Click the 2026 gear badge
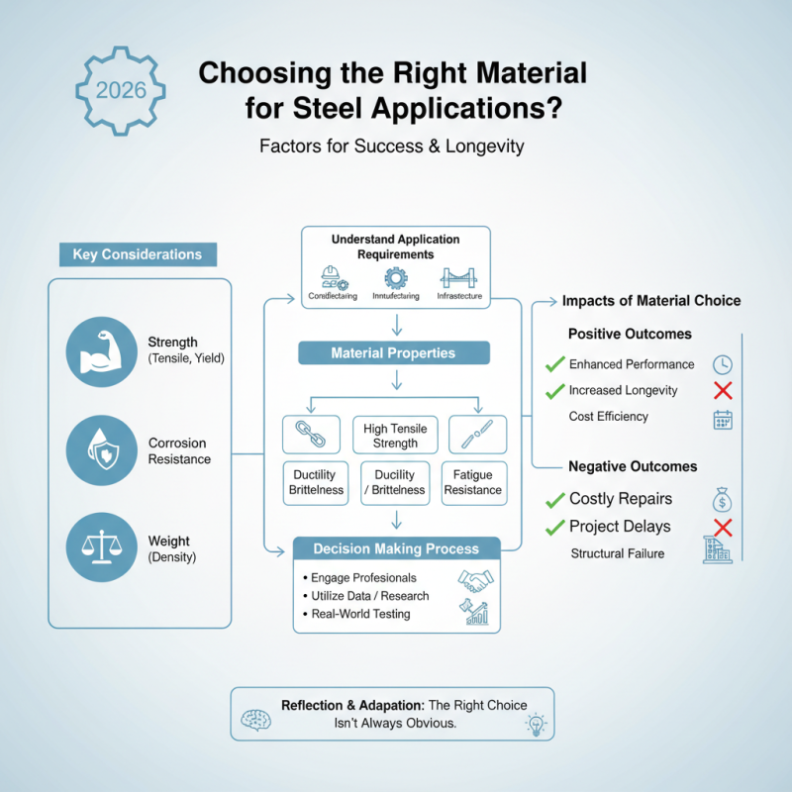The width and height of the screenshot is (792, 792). point(121,90)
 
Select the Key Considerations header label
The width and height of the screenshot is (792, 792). point(137,254)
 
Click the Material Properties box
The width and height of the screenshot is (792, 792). point(394,353)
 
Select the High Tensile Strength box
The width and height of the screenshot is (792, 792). point(395,436)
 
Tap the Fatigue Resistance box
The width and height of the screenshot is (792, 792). point(473,483)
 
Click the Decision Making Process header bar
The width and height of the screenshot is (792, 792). point(395,548)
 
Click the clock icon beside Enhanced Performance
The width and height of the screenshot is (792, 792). point(722,363)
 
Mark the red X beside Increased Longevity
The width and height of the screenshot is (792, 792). point(722,390)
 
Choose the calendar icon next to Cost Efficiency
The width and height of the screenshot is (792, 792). point(723,419)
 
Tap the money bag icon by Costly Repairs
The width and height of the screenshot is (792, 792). point(722,498)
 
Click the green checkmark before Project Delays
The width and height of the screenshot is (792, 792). point(555,527)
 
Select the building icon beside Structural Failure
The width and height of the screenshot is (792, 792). point(717,551)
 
